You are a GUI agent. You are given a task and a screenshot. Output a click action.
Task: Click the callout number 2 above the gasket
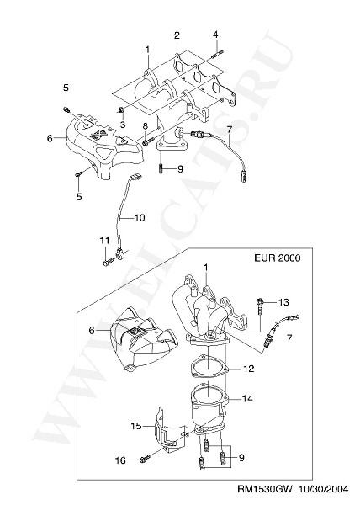[177, 35]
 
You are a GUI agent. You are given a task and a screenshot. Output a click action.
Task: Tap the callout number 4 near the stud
[215, 35]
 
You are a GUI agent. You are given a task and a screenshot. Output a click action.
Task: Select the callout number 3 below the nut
[123, 124]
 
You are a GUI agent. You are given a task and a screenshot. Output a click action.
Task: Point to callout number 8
[146, 126]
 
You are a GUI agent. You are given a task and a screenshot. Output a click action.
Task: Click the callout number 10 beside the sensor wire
[140, 218]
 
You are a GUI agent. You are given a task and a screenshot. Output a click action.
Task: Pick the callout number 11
[104, 240]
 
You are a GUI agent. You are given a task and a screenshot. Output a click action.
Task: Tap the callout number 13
[283, 302]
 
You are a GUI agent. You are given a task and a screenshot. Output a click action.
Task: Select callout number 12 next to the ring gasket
[249, 369]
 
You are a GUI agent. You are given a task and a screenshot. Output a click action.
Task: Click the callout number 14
[247, 399]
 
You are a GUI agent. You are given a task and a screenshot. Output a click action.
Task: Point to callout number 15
[136, 426]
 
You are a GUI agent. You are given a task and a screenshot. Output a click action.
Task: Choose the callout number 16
[120, 461]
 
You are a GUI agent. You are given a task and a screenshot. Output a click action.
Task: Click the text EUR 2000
[278, 258]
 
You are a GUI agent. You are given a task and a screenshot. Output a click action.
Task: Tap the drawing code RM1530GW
[265, 489]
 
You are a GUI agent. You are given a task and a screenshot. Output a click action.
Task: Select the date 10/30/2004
[324, 489]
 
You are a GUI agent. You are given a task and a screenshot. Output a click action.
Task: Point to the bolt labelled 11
[108, 262]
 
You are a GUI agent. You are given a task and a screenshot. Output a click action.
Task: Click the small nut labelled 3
[121, 110]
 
